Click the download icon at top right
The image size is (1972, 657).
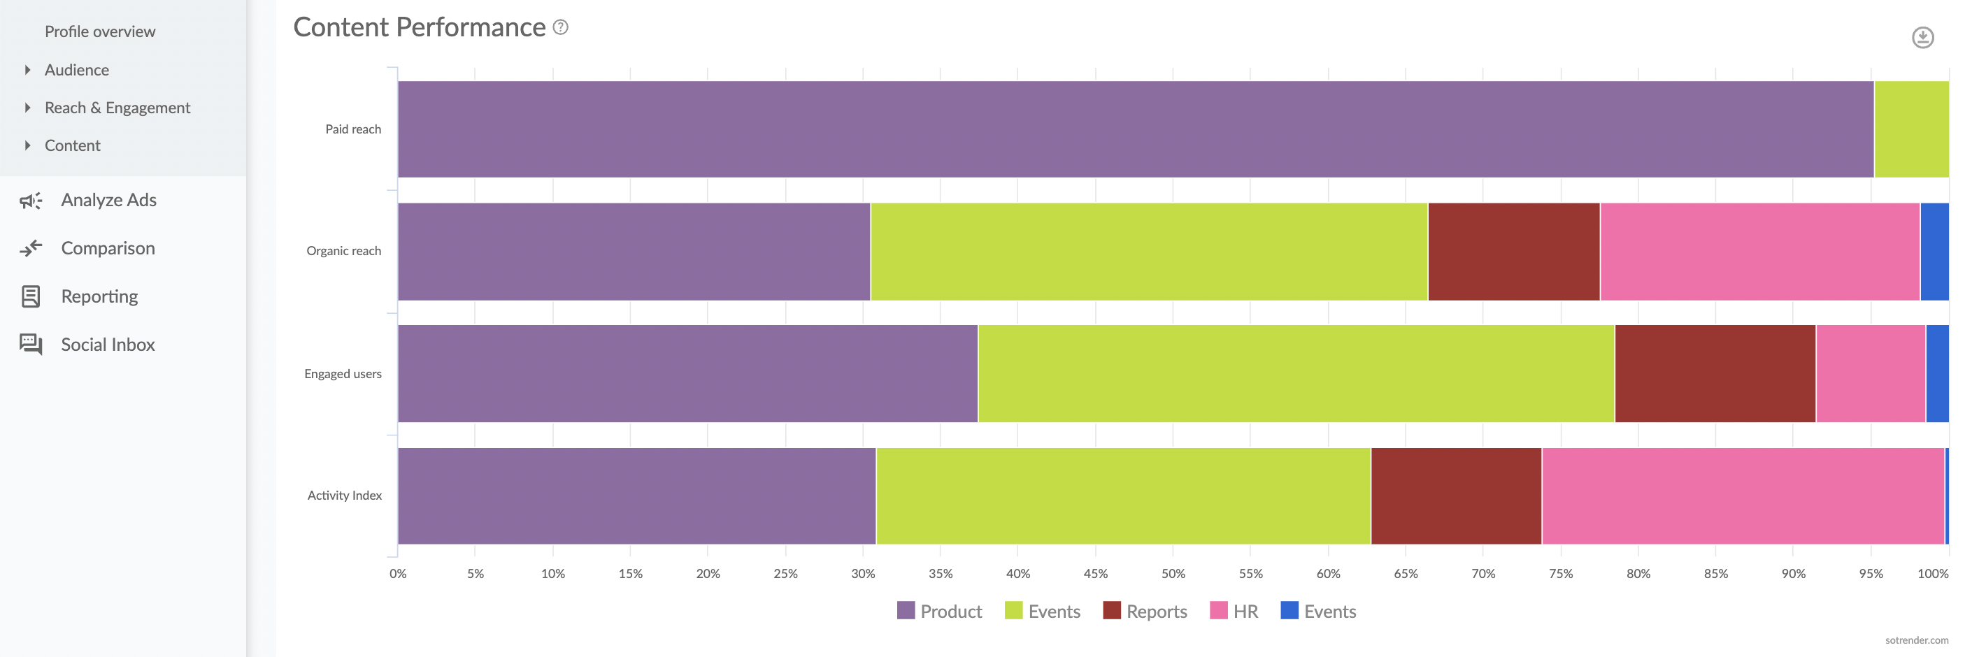(x=1922, y=38)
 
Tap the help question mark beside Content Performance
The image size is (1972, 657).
(x=560, y=27)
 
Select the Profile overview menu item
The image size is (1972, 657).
(x=99, y=31)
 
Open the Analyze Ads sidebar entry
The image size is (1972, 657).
(x=108, y=201)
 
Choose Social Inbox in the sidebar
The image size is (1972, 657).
(x=107, y=345)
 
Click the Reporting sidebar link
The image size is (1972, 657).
(x=99, y=297)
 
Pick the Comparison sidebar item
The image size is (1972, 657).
(x=107, y=249)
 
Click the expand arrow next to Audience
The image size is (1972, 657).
(x=27, y=70)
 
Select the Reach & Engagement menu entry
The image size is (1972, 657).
(x=117, y=108)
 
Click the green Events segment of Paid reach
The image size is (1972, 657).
(x=1910, y=129)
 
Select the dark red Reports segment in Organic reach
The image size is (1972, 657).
(x=1513, y=252)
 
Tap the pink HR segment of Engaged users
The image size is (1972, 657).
(x=1869, y=374)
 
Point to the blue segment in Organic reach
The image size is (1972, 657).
(x=1934, y=252)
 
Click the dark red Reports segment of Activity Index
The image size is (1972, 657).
(x=1455, y=496)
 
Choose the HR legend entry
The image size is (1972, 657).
(x=1234, y=611)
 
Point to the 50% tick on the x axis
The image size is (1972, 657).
(x=1173, y=574)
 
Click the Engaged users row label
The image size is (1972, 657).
(x=342, y=374)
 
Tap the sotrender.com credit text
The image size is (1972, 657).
(x=1916, y=640)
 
